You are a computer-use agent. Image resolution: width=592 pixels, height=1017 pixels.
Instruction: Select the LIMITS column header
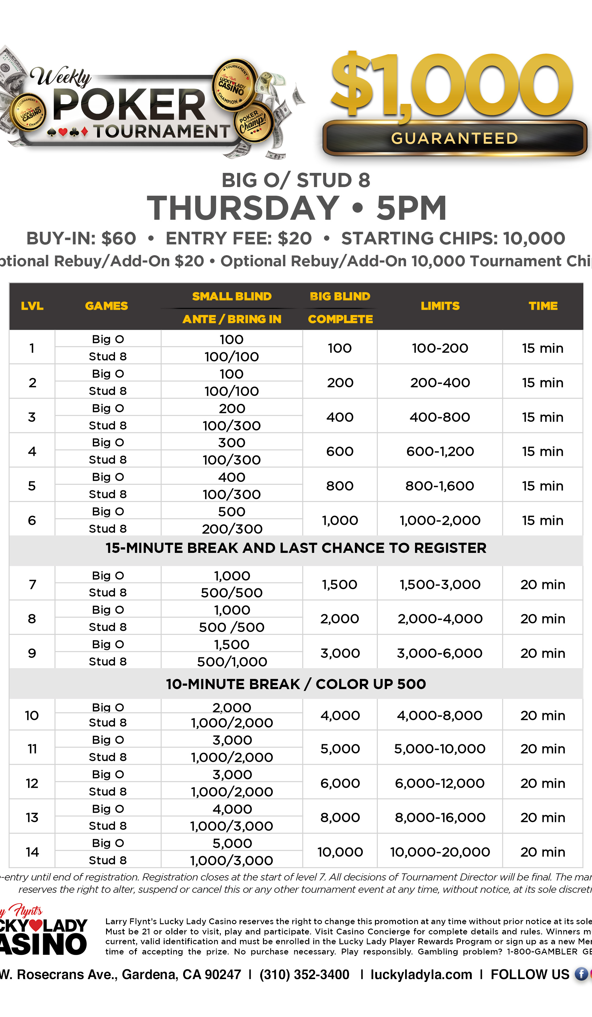(x=440, y=306)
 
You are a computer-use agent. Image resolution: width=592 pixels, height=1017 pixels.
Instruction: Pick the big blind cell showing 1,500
(x=339, y=584)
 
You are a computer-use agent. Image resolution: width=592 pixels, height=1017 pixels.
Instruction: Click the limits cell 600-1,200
(x=440, y=451)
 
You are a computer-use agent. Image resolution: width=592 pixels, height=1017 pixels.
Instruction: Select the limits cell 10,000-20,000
(x=440, y=852)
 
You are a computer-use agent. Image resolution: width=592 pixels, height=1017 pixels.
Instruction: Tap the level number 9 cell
(x=32, y=653)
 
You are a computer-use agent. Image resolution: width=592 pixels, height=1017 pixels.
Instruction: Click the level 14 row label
(x=32, y=852)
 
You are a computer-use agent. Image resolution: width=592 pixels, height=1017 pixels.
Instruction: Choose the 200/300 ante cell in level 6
(x=232, y=529)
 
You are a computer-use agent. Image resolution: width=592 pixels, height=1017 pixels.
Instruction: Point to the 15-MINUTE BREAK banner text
(x=296, y=548)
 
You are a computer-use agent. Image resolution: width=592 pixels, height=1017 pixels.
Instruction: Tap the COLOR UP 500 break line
(x=296, y=684)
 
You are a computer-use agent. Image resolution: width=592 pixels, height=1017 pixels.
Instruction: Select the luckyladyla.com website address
(x=421, y=974)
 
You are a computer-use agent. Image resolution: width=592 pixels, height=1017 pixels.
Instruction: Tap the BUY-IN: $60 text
(x=81, y=239)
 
